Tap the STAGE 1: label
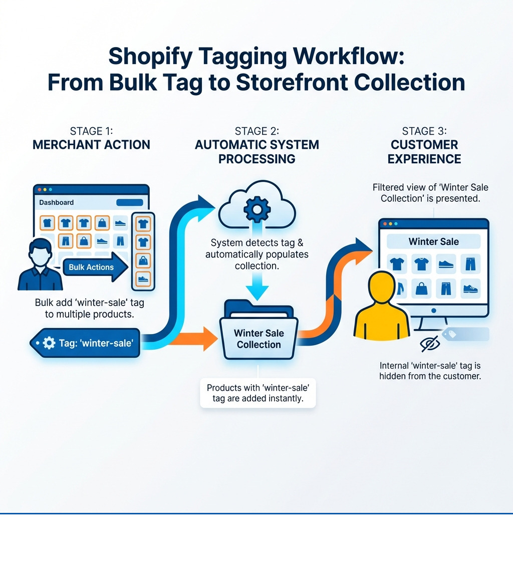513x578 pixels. coord(91,131)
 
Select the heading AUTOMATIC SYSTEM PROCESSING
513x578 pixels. coord(256,152)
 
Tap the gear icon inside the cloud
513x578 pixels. coord(256,209)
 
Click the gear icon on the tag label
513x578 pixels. coord(49,343)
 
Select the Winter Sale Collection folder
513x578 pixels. coord(259,333)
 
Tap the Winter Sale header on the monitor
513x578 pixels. coord(433,241)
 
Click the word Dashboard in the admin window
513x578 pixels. coord(56,202)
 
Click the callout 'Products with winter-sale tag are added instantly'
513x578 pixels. coord(258,394)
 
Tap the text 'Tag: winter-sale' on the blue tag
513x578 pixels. coord(96,343)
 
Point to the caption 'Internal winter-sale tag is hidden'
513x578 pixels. coord(430,371)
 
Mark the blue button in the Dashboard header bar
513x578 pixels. coord(129,202)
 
